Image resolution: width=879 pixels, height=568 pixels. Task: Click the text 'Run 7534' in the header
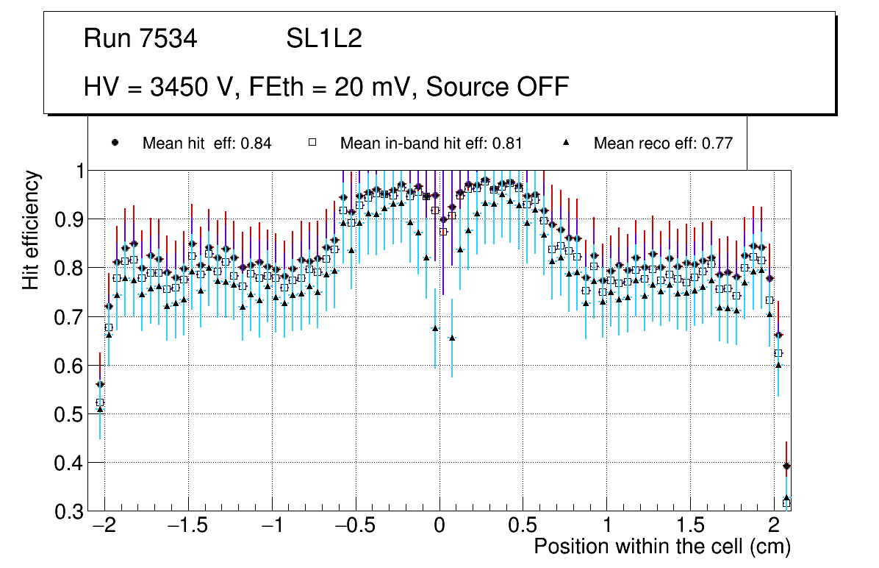tap(140, 39)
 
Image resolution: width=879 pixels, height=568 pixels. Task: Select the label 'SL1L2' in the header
tap(324, 39)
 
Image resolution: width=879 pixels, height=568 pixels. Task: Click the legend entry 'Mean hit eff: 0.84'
tap(207, 143)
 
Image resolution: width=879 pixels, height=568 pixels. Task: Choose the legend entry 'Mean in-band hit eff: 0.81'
tap(431, 143)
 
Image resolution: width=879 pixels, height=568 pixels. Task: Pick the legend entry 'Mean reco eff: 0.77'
tap(663, 143)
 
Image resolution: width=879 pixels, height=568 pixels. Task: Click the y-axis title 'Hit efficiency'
tap(31, 230)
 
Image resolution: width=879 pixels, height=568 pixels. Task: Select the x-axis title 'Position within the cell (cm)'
tap(662, 547)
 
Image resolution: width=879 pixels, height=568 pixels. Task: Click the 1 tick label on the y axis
tap(76, 171)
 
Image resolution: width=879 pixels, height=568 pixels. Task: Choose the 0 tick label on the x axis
tap(439, 528)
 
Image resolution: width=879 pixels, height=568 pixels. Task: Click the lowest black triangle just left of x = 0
tap(435, 328)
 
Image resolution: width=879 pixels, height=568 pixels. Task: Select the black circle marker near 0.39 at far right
tap(786, 466)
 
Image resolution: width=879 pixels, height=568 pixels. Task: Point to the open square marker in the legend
tap(312, 143)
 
